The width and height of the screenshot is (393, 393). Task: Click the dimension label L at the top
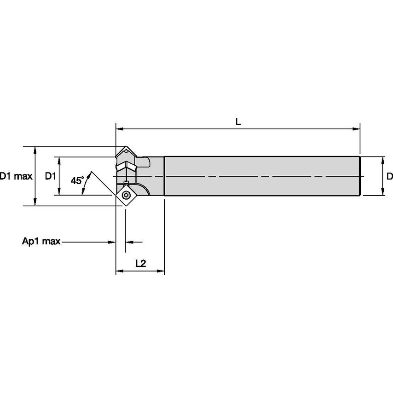tap(238, 121)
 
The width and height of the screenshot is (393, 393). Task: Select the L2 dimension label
tap(140, 263)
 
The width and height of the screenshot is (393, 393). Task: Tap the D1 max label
tap(16, 176)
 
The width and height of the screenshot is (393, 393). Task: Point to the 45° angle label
tap(77, 180)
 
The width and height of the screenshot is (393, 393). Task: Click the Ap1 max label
tap(41, 242)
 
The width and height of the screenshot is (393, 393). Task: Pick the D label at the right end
tap(389, 176)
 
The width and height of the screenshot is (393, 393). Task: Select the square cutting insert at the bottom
tap(127, 195)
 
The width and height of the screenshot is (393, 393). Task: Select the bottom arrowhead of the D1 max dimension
tap(35, 202)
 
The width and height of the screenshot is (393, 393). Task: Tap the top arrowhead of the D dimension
tap(382, 160)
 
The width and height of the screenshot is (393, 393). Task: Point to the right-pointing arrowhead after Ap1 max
tap(112, 242)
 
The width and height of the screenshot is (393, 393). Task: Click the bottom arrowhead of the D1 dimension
tap(58, 192)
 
